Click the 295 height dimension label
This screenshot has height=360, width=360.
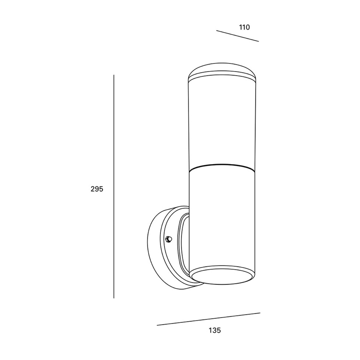coord(97,189)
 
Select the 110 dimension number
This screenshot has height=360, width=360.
coord(244,28)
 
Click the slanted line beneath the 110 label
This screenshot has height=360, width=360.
coord(237,36)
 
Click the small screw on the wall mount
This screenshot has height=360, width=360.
coord(169,239)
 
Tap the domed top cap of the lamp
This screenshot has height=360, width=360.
coord(222,72)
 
